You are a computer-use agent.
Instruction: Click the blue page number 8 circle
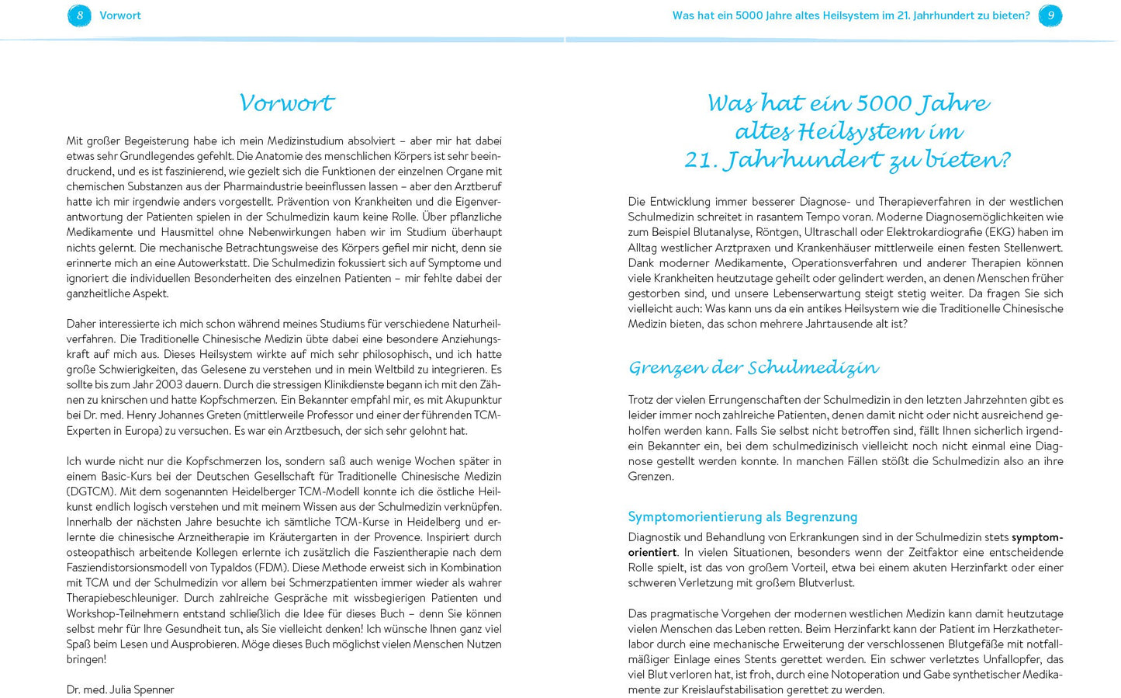tap(79, 16)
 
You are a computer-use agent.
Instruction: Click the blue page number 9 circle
tap(1050, 16)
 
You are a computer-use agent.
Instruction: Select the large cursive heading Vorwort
tap(286, 103)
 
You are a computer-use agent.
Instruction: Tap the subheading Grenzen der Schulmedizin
tap(753, 367)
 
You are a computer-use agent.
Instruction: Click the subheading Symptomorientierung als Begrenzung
tap(742, 517)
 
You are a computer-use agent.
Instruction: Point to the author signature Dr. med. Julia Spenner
tap(120, 689)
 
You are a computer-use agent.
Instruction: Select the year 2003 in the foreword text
tap(170, 384)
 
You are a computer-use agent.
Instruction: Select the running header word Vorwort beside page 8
tap(120, 16)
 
